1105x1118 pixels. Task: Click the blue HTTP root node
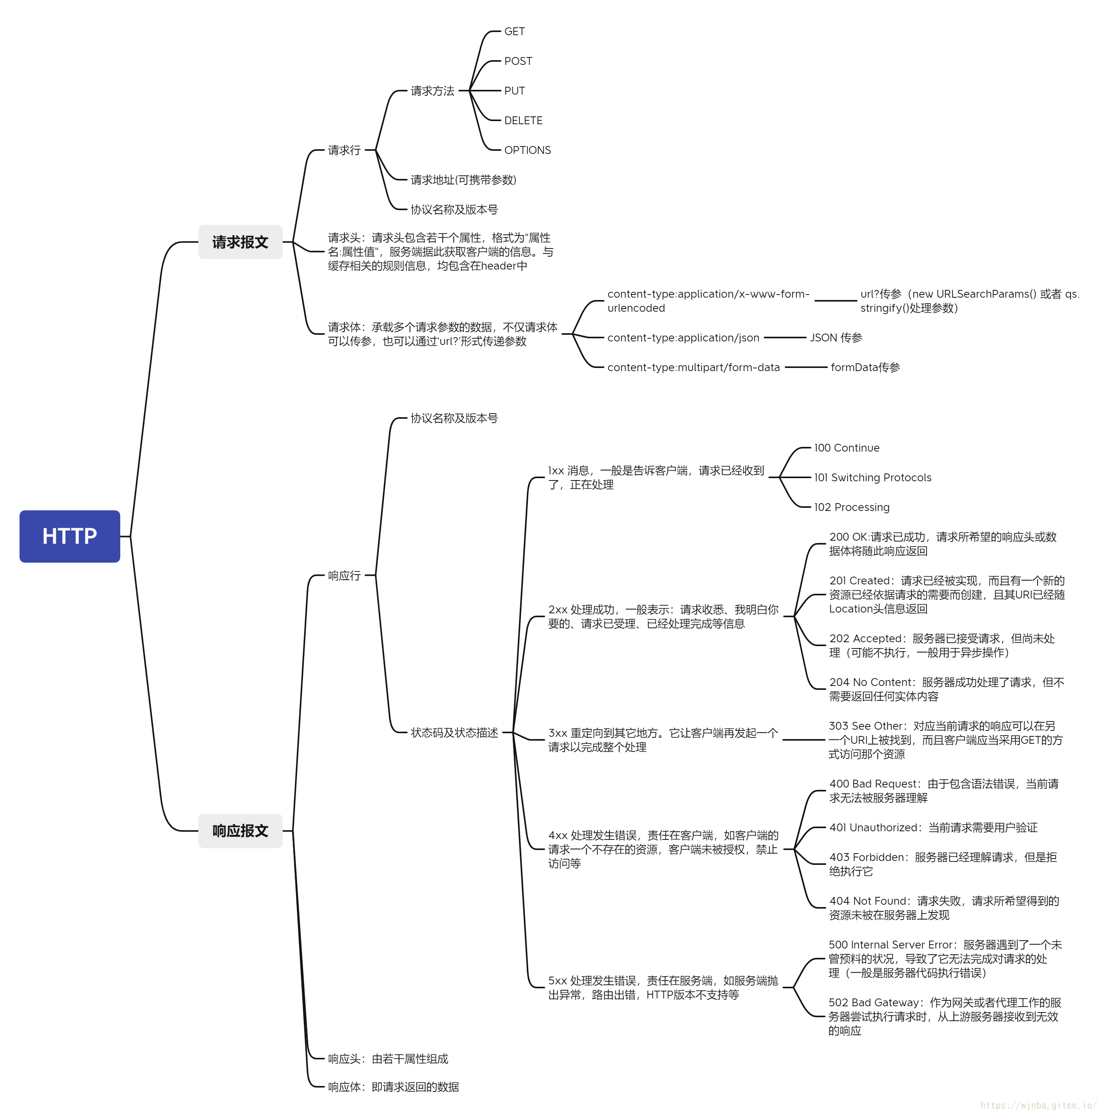[70, 536]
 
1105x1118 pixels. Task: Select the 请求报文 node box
[240, 242]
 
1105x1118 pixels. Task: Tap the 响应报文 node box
[240, 830]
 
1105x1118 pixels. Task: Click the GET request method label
[514, 31]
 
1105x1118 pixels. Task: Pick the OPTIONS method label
[527, 150]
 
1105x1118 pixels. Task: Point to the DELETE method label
[523, 120]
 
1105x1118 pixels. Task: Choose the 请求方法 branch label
[432, 91]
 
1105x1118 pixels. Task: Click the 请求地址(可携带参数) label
[463, 180]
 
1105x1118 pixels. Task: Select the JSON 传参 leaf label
[836, 338]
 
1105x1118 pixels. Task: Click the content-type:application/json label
[683, 338]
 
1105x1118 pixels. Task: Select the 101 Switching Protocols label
[872, 477]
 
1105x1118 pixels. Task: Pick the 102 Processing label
[852, 507]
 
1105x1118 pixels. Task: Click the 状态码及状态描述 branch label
[454, 732]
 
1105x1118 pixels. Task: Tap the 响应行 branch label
[344, 575]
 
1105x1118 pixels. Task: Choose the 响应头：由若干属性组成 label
[388, 1059]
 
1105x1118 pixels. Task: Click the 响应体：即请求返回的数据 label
[394, 1087]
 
